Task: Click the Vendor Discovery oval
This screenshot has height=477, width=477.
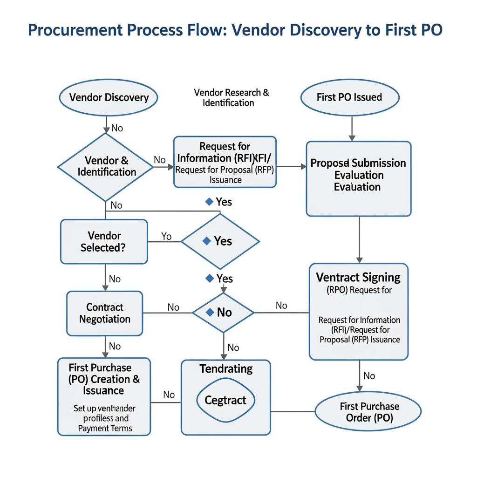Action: (109, 97)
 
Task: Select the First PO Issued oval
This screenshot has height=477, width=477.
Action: (349, 97)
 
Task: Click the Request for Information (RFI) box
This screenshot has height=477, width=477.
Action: (225, 162)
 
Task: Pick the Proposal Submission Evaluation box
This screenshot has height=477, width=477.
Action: (358, 178)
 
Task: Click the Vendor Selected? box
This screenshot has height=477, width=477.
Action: (104, 242)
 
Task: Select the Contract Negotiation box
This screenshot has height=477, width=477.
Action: (104, 313)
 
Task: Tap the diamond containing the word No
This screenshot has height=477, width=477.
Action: (223, 313)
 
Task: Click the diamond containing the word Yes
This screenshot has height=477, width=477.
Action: (220, 241)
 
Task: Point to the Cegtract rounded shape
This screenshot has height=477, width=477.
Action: (225, 400)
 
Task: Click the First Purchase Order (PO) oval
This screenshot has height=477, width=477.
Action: (368, 412)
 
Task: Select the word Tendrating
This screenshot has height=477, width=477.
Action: (226, 369)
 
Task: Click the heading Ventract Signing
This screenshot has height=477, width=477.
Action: (358, 278)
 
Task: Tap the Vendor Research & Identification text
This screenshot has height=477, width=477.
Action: (231, 97)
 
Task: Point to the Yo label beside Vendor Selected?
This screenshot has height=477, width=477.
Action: (166, 237)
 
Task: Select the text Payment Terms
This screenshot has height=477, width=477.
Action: (105, 428)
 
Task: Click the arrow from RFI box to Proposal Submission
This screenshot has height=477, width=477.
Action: (291, 166)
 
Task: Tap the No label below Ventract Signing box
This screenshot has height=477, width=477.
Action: (369, 375)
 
